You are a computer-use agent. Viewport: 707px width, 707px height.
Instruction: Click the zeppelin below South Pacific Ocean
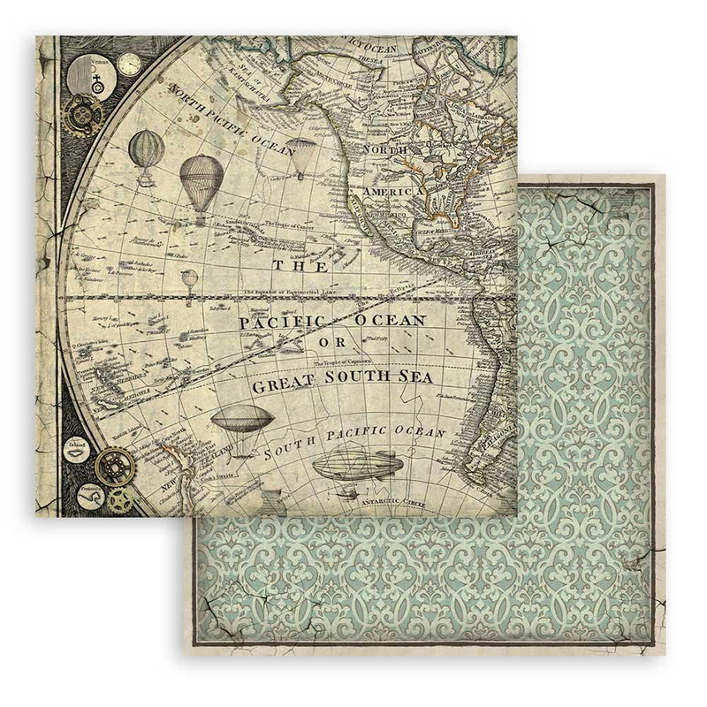tap(354, 468)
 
